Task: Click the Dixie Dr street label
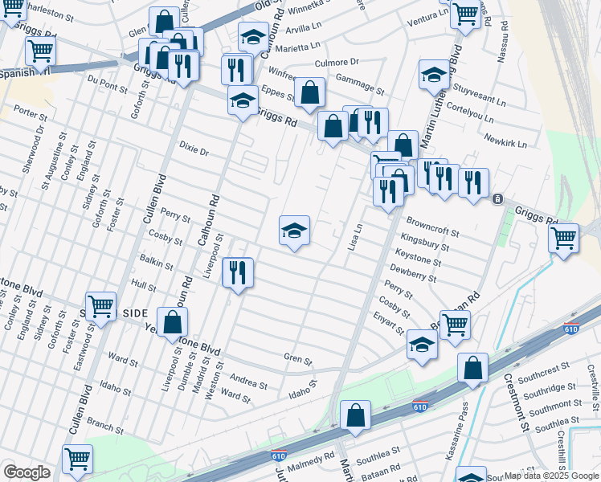click(194, 150)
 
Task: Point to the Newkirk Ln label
click(505, 141)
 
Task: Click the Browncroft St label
click(432, 227)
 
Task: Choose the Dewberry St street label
click(413, 273)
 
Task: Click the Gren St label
click(297, 360)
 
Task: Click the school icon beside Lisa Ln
click(295, 231)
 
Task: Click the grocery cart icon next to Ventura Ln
click(465, 14)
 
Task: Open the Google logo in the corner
click(27, 473)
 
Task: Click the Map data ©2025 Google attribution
click(551, 476)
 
